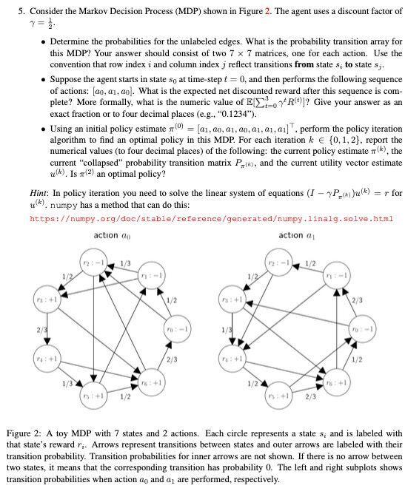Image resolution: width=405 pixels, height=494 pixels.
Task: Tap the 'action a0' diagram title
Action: (x=111, y=236)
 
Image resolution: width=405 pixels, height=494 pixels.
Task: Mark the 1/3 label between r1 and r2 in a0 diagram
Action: (x=125, y=265)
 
